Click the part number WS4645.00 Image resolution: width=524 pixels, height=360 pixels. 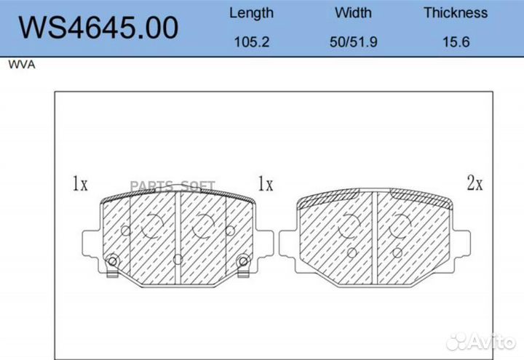[x=98, y=28]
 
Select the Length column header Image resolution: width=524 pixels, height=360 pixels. [x=251, y=13]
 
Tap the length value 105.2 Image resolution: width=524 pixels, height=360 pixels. [x=252, y=42]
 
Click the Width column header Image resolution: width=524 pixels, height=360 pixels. [x=353, y=12]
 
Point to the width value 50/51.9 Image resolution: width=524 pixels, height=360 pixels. [x=354, y=42]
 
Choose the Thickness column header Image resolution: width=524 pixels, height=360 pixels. [x=456, y=12]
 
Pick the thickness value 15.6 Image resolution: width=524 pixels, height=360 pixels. [x=456, y=42]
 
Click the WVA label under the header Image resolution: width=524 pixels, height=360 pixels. [x=22, y=65]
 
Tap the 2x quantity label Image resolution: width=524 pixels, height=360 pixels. [x=475, y=183]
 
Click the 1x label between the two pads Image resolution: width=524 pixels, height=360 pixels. [x=266, y=184]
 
